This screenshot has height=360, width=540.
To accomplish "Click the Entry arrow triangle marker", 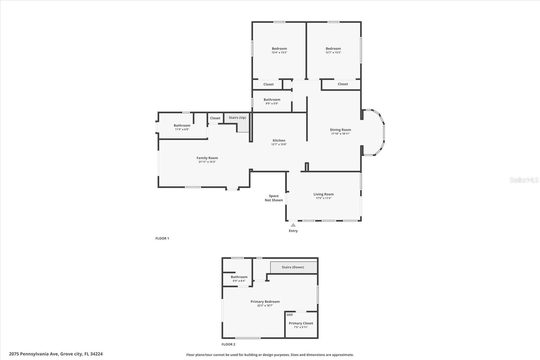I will click(x=293, y=225).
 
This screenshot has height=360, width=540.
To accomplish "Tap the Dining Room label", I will click(x=340, y=130).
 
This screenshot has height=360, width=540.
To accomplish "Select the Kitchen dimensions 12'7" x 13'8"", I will click(x=279, y=144).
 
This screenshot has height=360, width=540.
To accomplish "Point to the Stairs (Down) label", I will click(x=293, y=267).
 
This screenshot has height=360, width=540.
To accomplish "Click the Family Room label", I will click(x=207, y=158).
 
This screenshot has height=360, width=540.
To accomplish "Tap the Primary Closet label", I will click(x=301, y=323).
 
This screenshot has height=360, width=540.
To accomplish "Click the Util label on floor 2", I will click(x=290, y=314).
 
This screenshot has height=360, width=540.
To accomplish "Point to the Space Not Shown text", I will click(x=274, y=198).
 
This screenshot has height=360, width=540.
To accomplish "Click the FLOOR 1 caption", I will click(x=162, y=238).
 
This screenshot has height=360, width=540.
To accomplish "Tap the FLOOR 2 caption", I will click(x=228, y=344).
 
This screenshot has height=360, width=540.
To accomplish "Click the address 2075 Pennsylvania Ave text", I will click(x=56, y=354).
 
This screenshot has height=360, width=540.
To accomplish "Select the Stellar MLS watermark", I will click(x=524, y=180).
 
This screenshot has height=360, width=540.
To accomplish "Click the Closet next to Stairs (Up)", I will click(x=215, y=118).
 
